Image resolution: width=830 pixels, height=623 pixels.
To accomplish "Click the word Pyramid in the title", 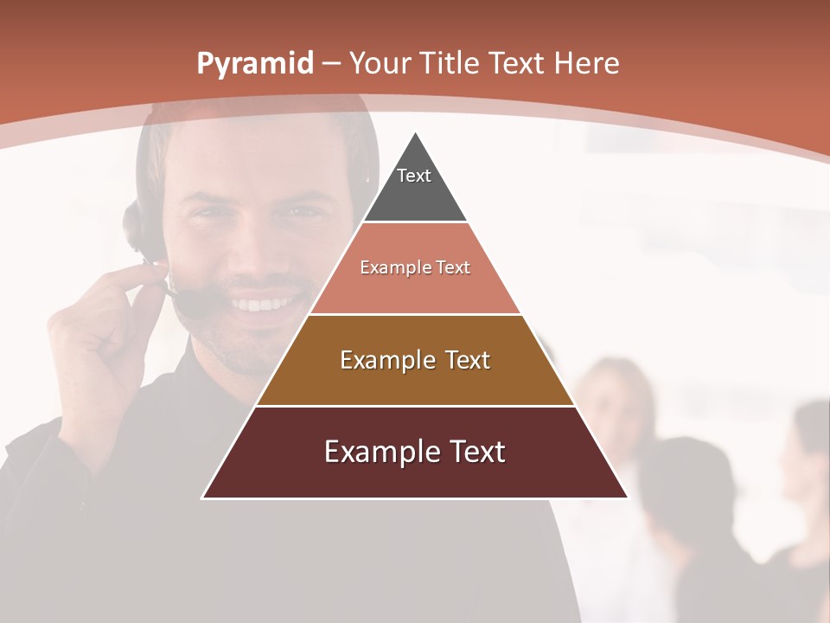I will (x=254, y=64).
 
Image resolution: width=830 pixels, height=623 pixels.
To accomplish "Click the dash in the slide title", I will (x=330, y=64).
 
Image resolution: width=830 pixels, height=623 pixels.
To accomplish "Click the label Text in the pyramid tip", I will (x=414, y=176).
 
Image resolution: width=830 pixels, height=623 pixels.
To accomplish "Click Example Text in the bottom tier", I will (x=415, y=452).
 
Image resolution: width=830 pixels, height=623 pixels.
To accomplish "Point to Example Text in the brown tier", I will (x=415, y=360).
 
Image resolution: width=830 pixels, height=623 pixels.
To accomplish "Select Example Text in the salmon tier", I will (x=415, y=267).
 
